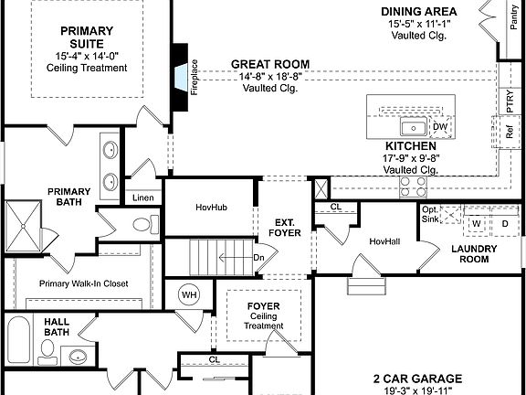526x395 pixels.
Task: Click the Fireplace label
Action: point(194,78)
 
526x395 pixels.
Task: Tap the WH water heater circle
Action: point(190,295)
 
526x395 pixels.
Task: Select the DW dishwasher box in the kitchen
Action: point(440,127)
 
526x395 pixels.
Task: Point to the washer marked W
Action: point(476,222)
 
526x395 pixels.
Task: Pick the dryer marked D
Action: point(503,222)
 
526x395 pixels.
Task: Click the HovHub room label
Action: point(211,208)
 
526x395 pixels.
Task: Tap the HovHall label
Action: point(385,241)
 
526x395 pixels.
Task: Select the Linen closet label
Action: point(142,197)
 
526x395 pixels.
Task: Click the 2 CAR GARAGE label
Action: point(416,378)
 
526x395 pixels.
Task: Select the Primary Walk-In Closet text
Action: point(83,283)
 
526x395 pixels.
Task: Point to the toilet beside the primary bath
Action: point(144,224)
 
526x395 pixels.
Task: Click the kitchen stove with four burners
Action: point(414,186)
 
